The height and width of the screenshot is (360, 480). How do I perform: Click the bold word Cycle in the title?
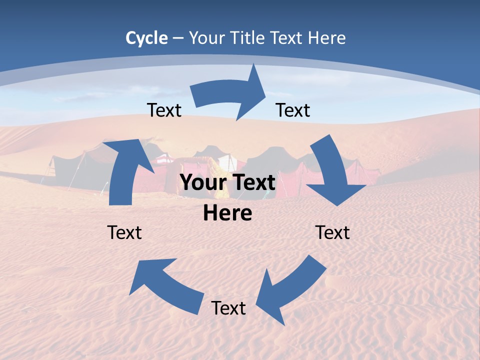[146, 37]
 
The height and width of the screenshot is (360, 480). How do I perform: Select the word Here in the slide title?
[327, 37]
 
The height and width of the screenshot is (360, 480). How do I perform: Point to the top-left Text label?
[164, 110]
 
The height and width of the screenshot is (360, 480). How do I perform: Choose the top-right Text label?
[293, 110]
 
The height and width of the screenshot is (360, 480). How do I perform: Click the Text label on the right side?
[332, 232]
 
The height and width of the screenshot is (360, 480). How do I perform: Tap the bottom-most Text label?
[228, 308]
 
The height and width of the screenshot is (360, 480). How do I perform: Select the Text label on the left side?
[124, 232]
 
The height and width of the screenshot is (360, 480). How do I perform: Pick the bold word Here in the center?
[227, 213]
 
